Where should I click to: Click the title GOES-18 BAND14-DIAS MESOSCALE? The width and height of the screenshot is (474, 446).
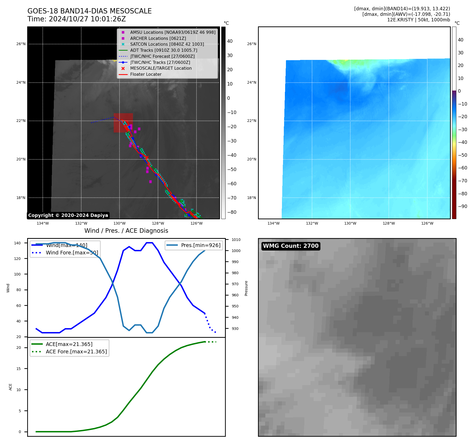(x=89, y=11)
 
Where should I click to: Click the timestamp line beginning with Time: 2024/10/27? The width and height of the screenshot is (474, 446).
(x=76, y=19)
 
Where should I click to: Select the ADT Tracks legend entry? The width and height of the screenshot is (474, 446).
(x=164, y=50)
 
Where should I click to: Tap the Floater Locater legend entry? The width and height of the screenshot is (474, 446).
(x=146, y=74)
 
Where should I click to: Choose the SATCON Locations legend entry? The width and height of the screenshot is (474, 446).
(x=167, y=44)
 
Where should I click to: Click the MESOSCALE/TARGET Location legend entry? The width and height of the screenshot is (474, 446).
(x=161, y=68)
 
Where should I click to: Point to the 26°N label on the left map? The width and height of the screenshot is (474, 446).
(x=21, y=44)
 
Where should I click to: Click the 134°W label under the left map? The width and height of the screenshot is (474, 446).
(x=42, y=223)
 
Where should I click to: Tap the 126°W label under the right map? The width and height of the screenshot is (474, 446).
(x=427, y=223)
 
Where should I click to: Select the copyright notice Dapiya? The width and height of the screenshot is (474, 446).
(x=68, y=215)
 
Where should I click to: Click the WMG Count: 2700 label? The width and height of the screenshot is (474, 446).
(x=291, y=246)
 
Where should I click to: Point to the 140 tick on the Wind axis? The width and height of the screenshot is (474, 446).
(x=17, y=243)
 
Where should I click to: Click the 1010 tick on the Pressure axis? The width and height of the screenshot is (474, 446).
(x=236, y=240)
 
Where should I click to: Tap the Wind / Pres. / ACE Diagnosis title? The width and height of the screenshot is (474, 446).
(x=126, y=231)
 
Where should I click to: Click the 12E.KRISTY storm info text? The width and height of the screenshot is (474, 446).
(x=418, y=20)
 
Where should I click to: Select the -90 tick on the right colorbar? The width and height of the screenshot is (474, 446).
(x=462, y=206)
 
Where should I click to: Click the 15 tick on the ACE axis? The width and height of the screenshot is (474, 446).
(x=18, y=369)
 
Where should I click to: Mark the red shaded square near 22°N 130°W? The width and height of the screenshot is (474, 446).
(x=123, y=123)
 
